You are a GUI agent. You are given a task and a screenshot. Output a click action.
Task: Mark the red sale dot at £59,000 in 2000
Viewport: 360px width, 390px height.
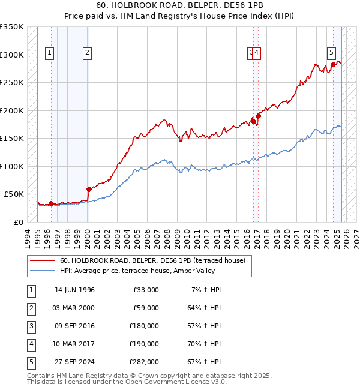[x=89, y=189]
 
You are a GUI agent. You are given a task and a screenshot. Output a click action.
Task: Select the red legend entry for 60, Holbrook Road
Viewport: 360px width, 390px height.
[x=152, y=261]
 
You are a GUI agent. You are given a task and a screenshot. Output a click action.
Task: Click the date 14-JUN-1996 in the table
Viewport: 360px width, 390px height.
[x=74, y=290]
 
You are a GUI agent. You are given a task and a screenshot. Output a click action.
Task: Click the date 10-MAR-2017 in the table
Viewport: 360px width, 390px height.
[x=74, y=344]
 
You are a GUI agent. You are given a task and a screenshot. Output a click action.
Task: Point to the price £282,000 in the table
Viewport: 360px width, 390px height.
[x=144, y=362]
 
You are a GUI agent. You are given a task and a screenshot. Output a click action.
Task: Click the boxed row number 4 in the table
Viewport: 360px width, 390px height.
[x=31, y=344]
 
